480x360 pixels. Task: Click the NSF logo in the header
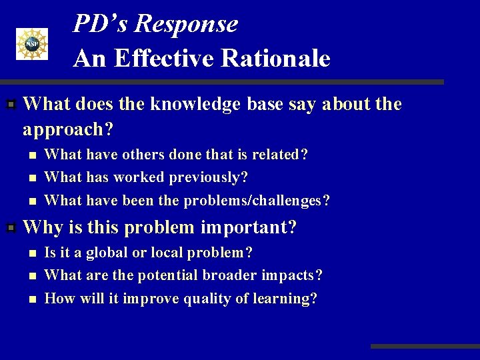(32, 44)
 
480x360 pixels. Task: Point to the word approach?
(67, 128)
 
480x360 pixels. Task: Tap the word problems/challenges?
(257, 200)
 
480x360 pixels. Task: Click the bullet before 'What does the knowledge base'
(11, 105)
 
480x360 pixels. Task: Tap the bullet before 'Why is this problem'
(11, 228)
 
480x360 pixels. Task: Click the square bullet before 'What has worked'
(31, 178)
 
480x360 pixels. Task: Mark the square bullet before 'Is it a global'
(31, 253)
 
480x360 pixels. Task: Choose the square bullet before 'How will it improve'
(31, 299)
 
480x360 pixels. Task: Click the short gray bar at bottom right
(425, 347)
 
